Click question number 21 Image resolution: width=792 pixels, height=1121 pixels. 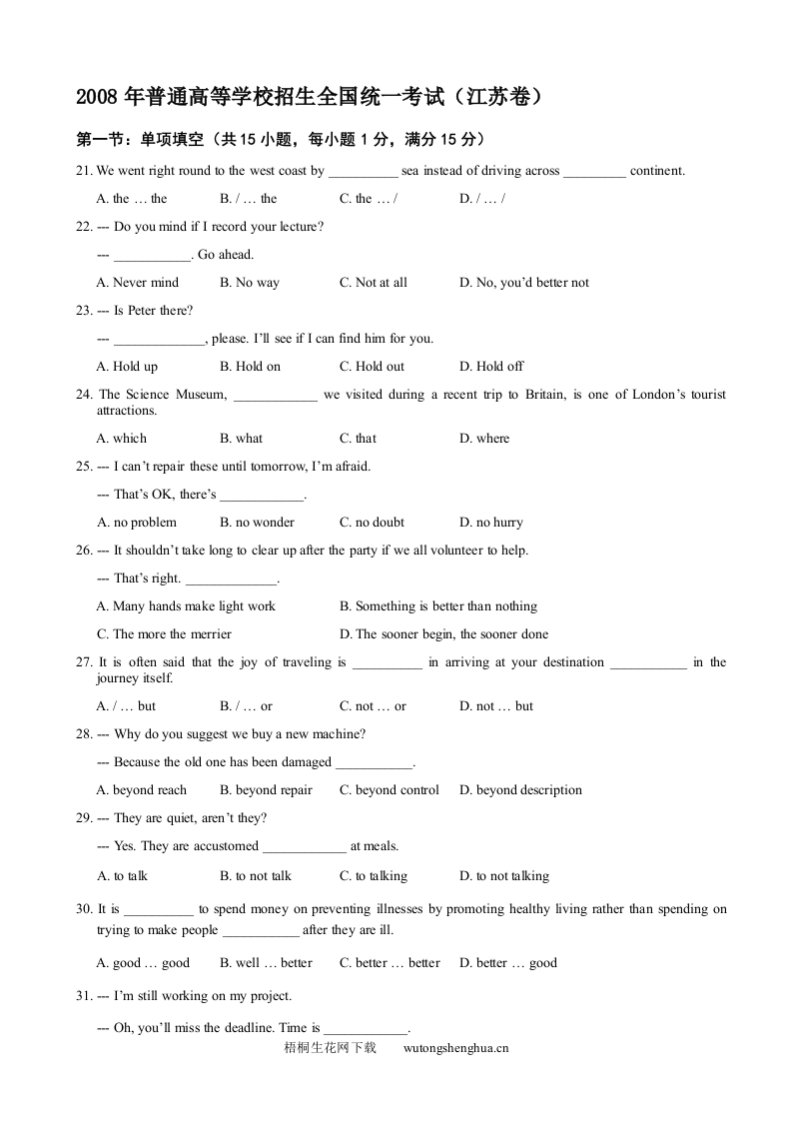click(x=84, y=171)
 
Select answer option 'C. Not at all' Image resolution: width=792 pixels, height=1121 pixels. click(x=374, y=283)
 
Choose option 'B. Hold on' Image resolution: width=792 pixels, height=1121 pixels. click(x=251, y=367)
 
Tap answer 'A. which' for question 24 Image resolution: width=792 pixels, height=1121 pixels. click(x=122, y=439)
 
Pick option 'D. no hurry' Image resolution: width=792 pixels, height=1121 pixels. click(x=491, y=523)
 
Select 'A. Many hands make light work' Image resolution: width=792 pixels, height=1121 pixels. click(x=186, y=606)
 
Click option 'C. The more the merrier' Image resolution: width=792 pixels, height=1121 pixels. click(x=164, y=634)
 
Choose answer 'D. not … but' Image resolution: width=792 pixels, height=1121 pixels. click(x=496, y=706)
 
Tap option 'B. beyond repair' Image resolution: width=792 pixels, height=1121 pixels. click(x=266, y=790)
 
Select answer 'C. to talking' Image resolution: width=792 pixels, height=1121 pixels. click(x=374, y=876)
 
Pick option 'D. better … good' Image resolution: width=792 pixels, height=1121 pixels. click(x=508, y=963)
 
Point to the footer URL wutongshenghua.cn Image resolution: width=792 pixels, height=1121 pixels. click(x=456, y=1048)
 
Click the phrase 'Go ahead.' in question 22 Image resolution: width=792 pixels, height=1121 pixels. click(x=226, y=255)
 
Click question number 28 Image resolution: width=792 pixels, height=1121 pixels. click(x=84, y=734)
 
